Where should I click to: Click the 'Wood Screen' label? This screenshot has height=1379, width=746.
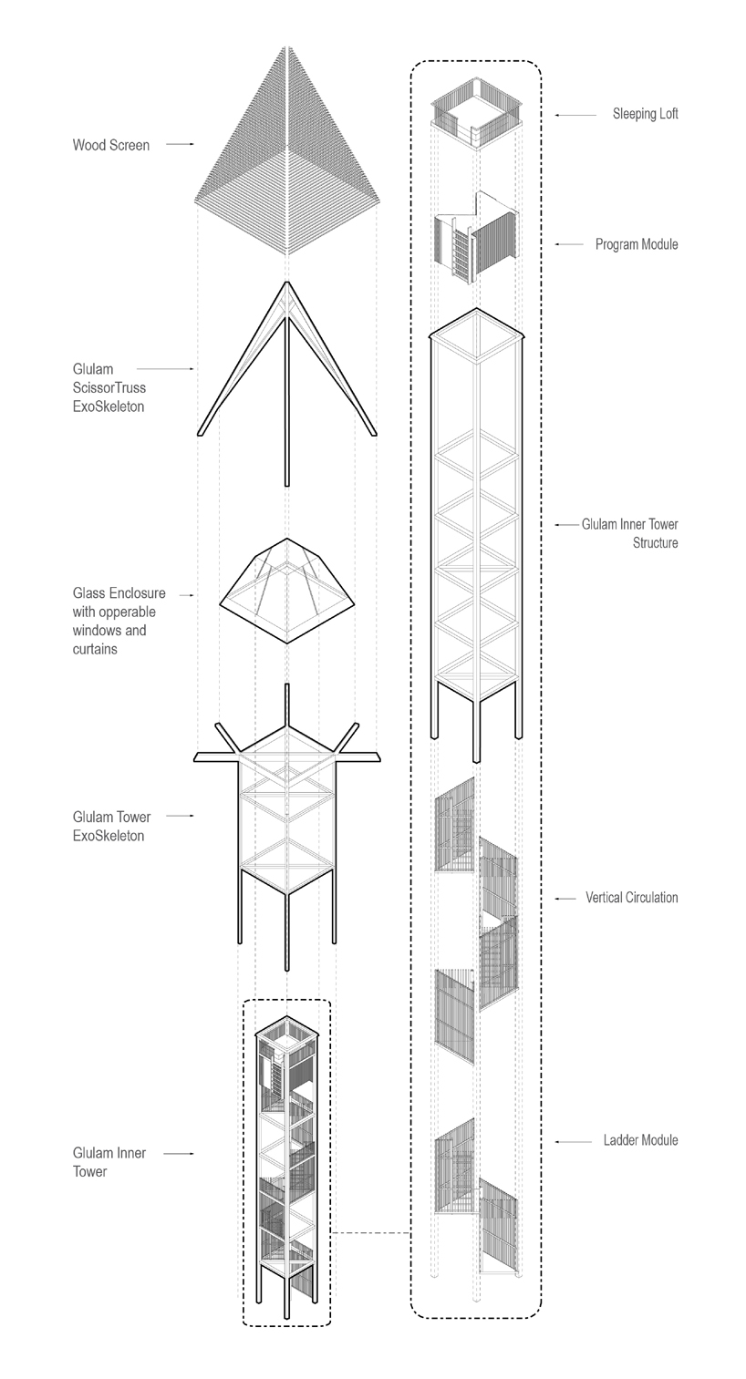111,145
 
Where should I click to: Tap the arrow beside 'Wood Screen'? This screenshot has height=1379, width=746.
180,145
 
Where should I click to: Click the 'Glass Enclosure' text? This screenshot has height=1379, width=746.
119,594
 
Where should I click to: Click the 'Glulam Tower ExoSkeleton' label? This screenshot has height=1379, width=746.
111,826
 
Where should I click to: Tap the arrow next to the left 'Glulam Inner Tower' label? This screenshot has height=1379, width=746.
180,1154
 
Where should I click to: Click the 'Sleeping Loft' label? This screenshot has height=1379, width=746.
645,115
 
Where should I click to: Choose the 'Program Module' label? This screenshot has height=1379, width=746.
637,244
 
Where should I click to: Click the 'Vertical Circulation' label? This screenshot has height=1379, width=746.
632,898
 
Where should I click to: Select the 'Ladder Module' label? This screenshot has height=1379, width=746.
640,1140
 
